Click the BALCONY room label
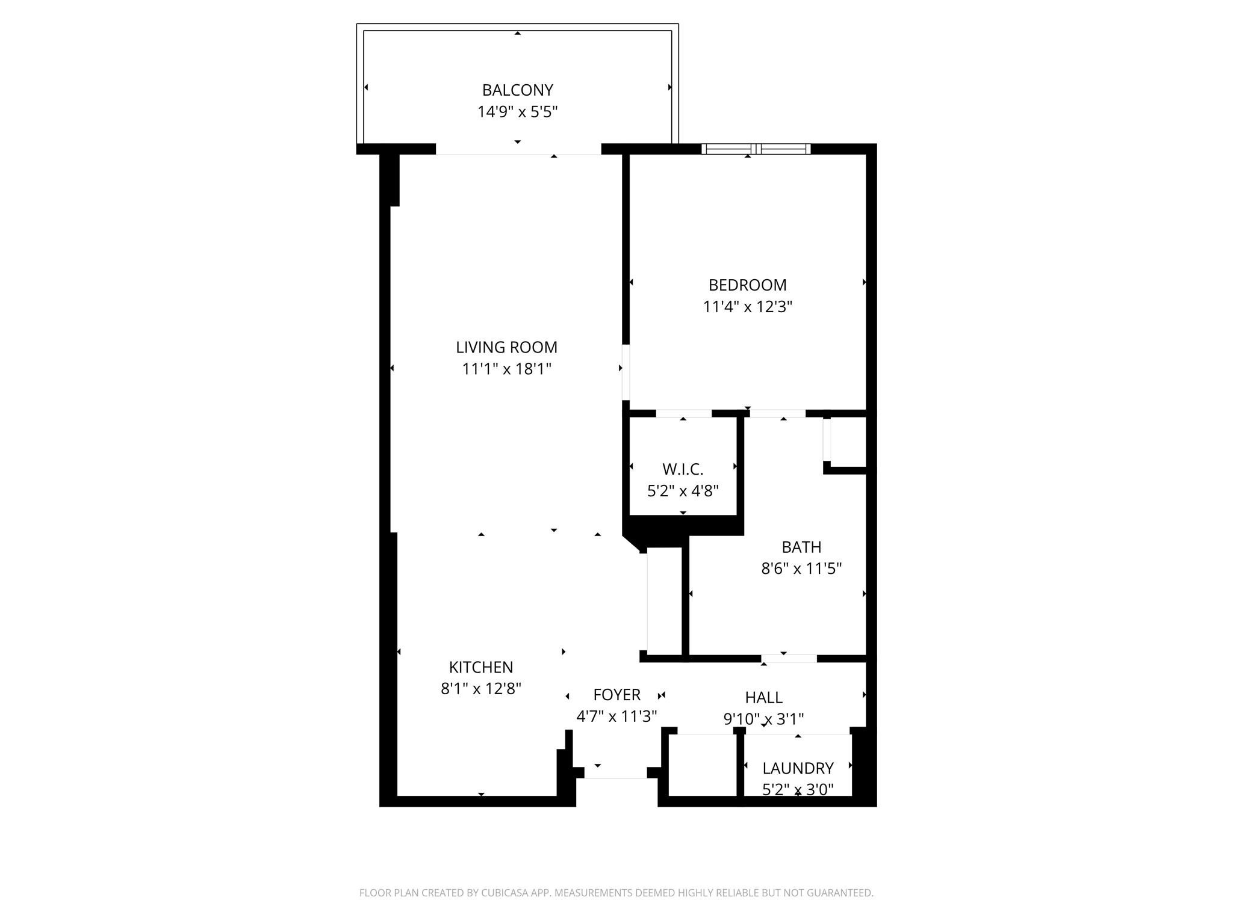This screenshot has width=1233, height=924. (517, 90)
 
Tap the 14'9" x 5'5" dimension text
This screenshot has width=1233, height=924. (517, 112)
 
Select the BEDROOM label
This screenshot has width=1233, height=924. (747, 285)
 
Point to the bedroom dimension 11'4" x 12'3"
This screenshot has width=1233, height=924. (747, 307)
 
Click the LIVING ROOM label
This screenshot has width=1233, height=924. (506, 347)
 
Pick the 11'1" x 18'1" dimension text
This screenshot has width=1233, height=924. (506, 369)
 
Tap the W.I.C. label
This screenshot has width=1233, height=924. (683, 469)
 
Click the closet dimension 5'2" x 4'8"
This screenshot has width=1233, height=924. (683, 491)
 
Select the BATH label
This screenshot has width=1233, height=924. (801, 547)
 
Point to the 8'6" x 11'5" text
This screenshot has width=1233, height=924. (801, 568)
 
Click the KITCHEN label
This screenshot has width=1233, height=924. (480, 667)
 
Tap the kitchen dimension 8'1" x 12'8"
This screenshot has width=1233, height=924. (480, 688)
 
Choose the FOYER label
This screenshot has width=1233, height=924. (616, 695)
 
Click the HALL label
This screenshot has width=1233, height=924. (763, 697)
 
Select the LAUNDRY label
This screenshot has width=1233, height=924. (798, 768)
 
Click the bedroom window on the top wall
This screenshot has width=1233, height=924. (756, 149)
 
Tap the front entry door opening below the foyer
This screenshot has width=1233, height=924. (615, 773)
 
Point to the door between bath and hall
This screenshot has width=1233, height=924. (789, 659)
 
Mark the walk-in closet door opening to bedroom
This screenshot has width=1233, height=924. (683, 413)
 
